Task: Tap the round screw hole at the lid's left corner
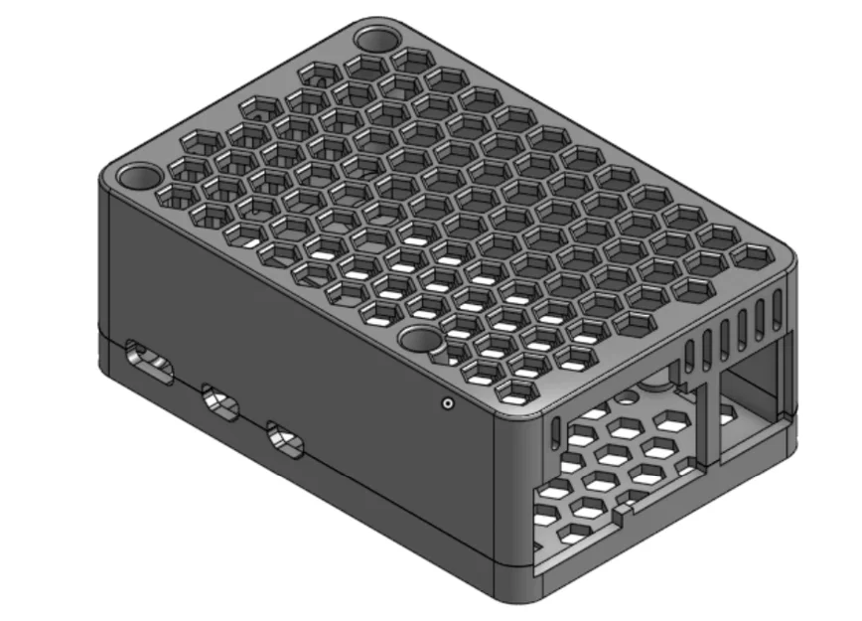point(136,178)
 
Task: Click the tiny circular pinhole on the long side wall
point(447,403)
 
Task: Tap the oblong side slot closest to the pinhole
point(286,440)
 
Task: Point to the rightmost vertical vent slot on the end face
point(777,310)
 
